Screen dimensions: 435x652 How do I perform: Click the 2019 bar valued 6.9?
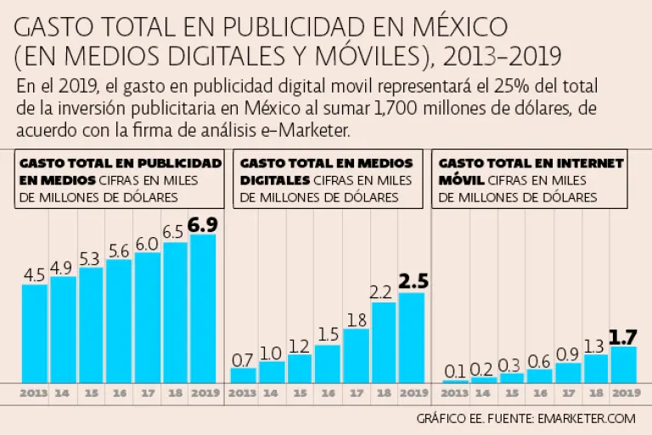point(203,308)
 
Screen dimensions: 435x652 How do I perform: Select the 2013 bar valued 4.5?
point(35,333)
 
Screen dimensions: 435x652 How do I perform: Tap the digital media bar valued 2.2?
point(384,342)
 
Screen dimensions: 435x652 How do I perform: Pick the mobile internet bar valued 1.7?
point(622,364)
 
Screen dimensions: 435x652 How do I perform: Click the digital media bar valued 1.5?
point(328,364)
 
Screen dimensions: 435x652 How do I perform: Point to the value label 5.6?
point(119,250)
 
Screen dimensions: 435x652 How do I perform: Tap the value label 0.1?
point(455,371)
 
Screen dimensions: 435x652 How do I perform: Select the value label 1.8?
point(356,319)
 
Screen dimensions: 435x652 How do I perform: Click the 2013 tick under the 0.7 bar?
point(243,394)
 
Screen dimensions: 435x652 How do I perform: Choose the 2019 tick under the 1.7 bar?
point(624,394)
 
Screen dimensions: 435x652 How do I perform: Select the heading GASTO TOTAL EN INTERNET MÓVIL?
point(531,171)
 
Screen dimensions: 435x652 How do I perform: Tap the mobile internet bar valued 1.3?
point(595,368)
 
